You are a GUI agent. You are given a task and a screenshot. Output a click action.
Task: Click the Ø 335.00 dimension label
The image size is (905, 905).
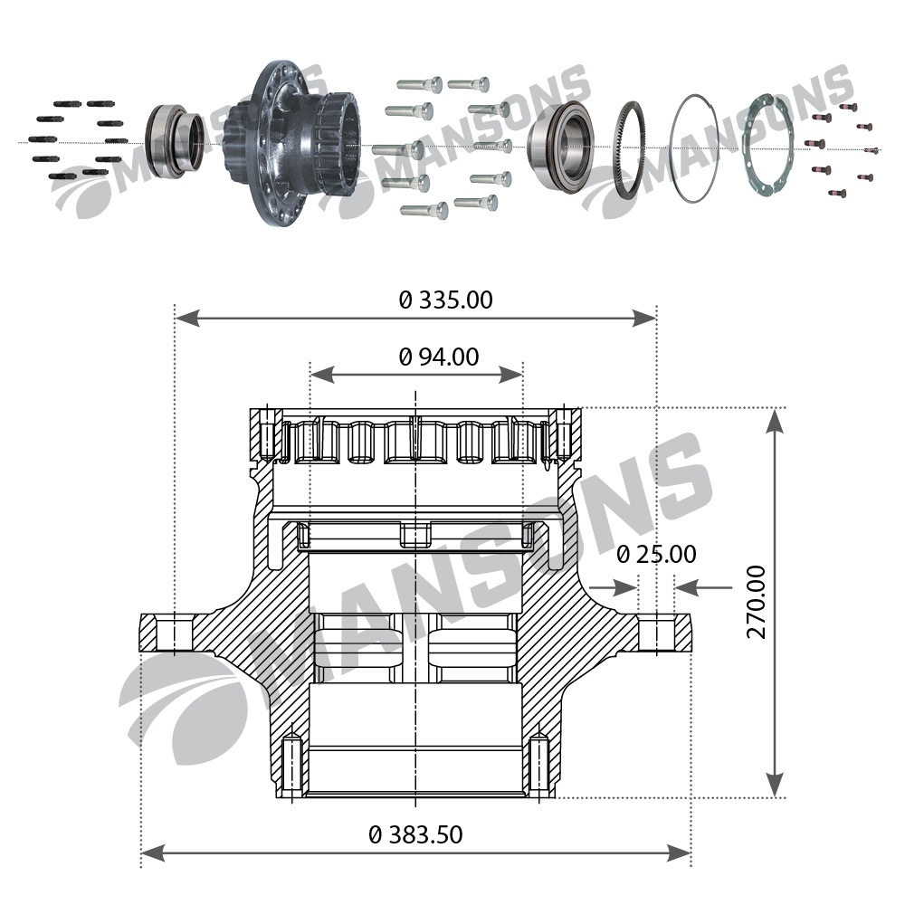tap(446, 300)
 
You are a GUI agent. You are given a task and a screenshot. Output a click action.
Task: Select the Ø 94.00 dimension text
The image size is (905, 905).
tap(439, 357)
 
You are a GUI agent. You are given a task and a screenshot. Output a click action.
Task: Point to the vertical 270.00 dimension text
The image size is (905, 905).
tap(756, 602)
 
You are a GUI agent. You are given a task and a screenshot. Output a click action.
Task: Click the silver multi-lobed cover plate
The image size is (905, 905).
tap(767, 145)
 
